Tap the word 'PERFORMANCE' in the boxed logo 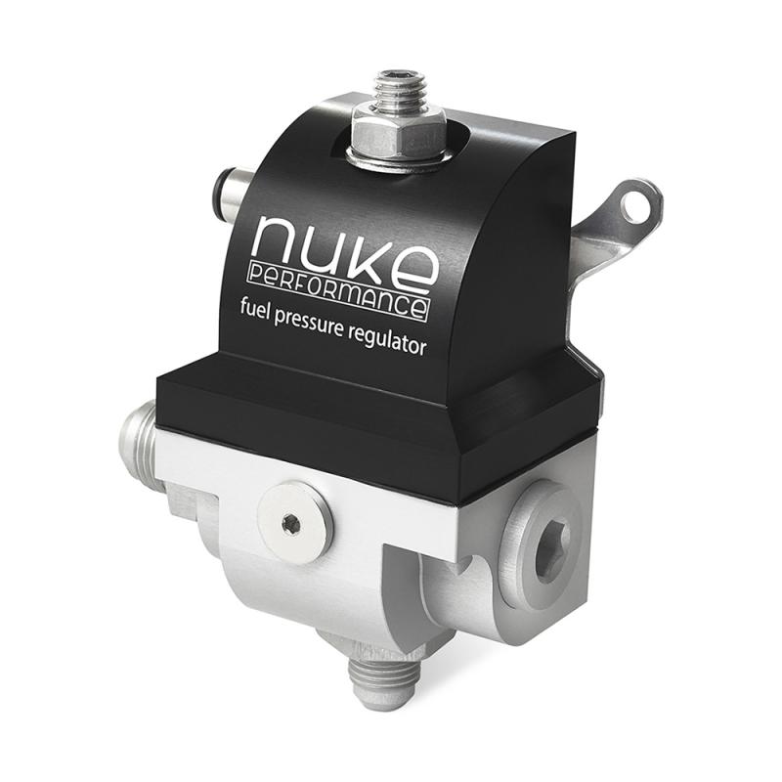pos(338,289)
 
